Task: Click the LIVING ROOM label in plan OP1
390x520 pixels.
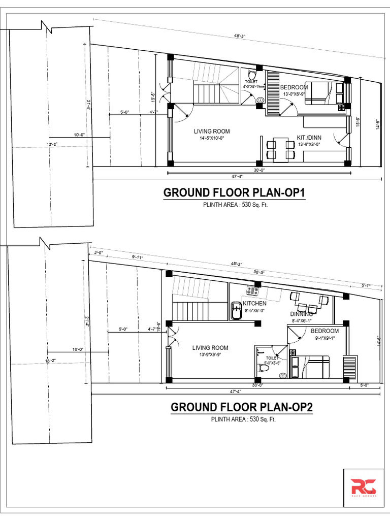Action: [x=212, y=132]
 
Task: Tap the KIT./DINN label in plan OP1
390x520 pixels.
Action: [x=309, y=138]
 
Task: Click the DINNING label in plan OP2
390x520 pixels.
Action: [x=301, y=314]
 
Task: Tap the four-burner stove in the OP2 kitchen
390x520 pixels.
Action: [x=253, y=291]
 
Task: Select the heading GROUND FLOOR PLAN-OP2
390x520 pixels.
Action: [x=242, y=407]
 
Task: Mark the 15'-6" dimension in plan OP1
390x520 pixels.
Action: [x=357, y=122]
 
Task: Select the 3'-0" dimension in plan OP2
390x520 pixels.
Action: [x=99, y=252]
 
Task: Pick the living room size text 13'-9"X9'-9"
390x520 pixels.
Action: [x=210, y=355]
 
